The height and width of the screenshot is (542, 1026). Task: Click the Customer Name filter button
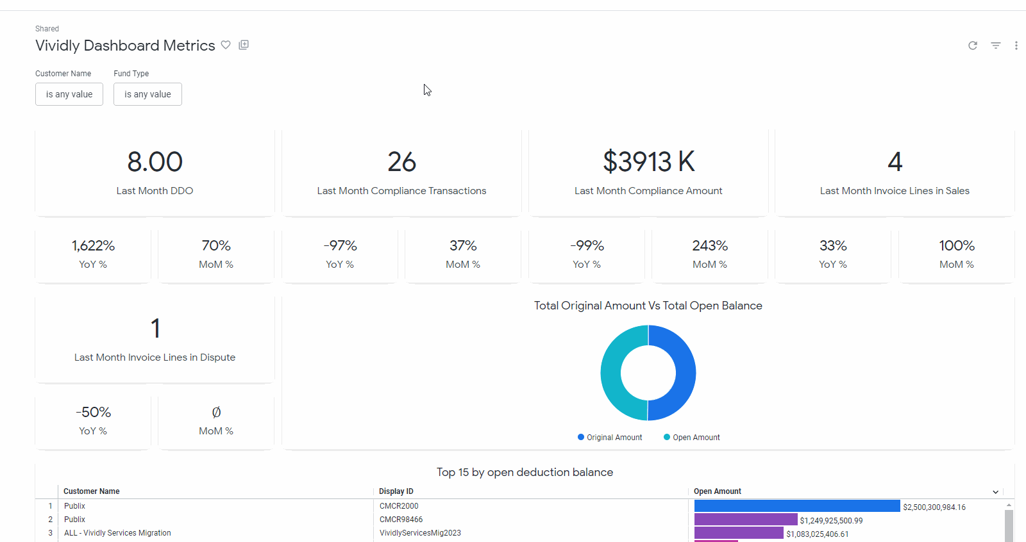[69, 94]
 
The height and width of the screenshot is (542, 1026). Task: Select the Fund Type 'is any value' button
[147, 94]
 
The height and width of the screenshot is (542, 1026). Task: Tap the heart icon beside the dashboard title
[226, 45]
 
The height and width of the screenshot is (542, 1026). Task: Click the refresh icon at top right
[973, 45]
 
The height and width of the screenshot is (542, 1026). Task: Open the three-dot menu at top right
[1016, 45]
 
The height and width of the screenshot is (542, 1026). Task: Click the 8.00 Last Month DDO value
[155, 162]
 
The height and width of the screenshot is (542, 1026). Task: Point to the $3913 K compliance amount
[648, 162]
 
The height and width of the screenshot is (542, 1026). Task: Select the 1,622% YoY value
[93, 246]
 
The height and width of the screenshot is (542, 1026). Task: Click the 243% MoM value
[710, 246]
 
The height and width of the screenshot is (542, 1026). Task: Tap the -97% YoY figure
[340, 246]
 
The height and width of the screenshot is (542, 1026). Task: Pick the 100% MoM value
[957, 246]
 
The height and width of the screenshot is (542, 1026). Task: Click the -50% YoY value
[93, 413]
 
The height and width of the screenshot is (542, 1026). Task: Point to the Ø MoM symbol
[216, 413]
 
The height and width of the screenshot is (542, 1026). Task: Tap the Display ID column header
[396, 491]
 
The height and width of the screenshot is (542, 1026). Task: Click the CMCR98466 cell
[401, 520]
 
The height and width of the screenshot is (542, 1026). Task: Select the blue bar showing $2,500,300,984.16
[796, 506]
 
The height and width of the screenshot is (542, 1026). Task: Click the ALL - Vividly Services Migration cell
[117, 533]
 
